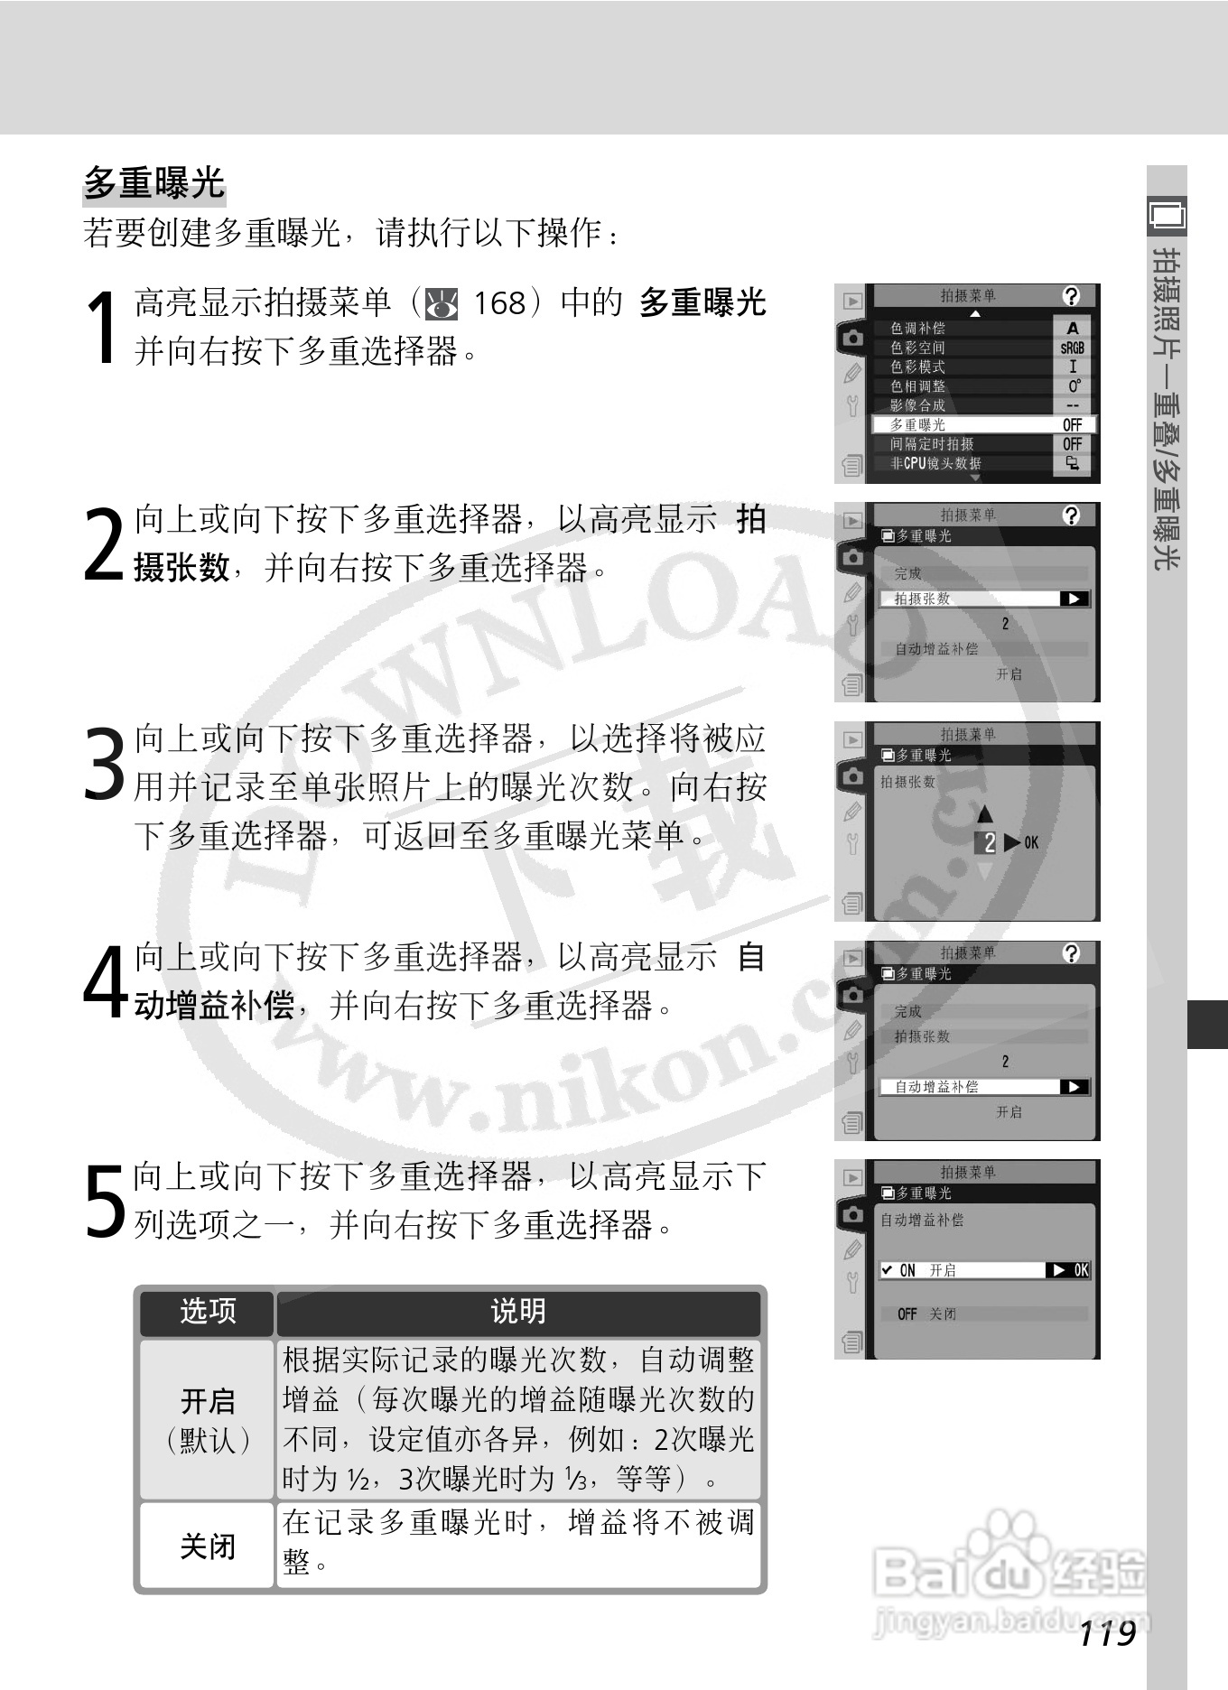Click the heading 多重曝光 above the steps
(x=153, y=183)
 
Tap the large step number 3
(x=103, y=764)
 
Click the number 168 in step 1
(x=499, y=303)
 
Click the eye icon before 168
(x=442, y=304)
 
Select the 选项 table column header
(x=207, y=1311)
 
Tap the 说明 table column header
(x=517, y=1311)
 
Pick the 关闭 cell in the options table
(x=207, y=1546)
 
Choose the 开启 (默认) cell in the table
(x=207, y=1420)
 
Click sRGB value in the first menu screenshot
(x=1072, y=348)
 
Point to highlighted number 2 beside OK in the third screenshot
(x=989, y=843)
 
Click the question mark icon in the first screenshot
(x=1071, y=296)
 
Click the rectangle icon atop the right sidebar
(x=1167, y=215)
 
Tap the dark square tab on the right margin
(x=1207, y=1024)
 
